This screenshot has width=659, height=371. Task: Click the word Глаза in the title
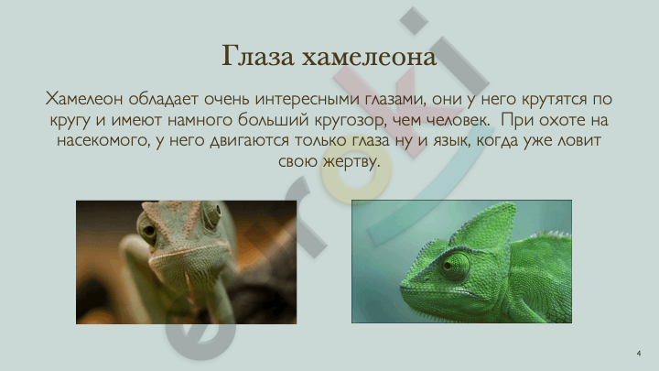coord(257,56)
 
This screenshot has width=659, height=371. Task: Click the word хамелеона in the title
coord(369,57)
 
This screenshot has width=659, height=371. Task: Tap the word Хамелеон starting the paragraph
coord(84,99)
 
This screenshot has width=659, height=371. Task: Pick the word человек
coord(458,120)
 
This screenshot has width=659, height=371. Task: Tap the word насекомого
coord(103,141)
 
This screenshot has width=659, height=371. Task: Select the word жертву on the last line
coord(351,162)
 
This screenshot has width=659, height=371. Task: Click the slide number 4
coord(639,354)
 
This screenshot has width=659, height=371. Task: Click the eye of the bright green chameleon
coord(454,266)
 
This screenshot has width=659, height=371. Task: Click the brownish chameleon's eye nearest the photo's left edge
coord(148,230)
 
